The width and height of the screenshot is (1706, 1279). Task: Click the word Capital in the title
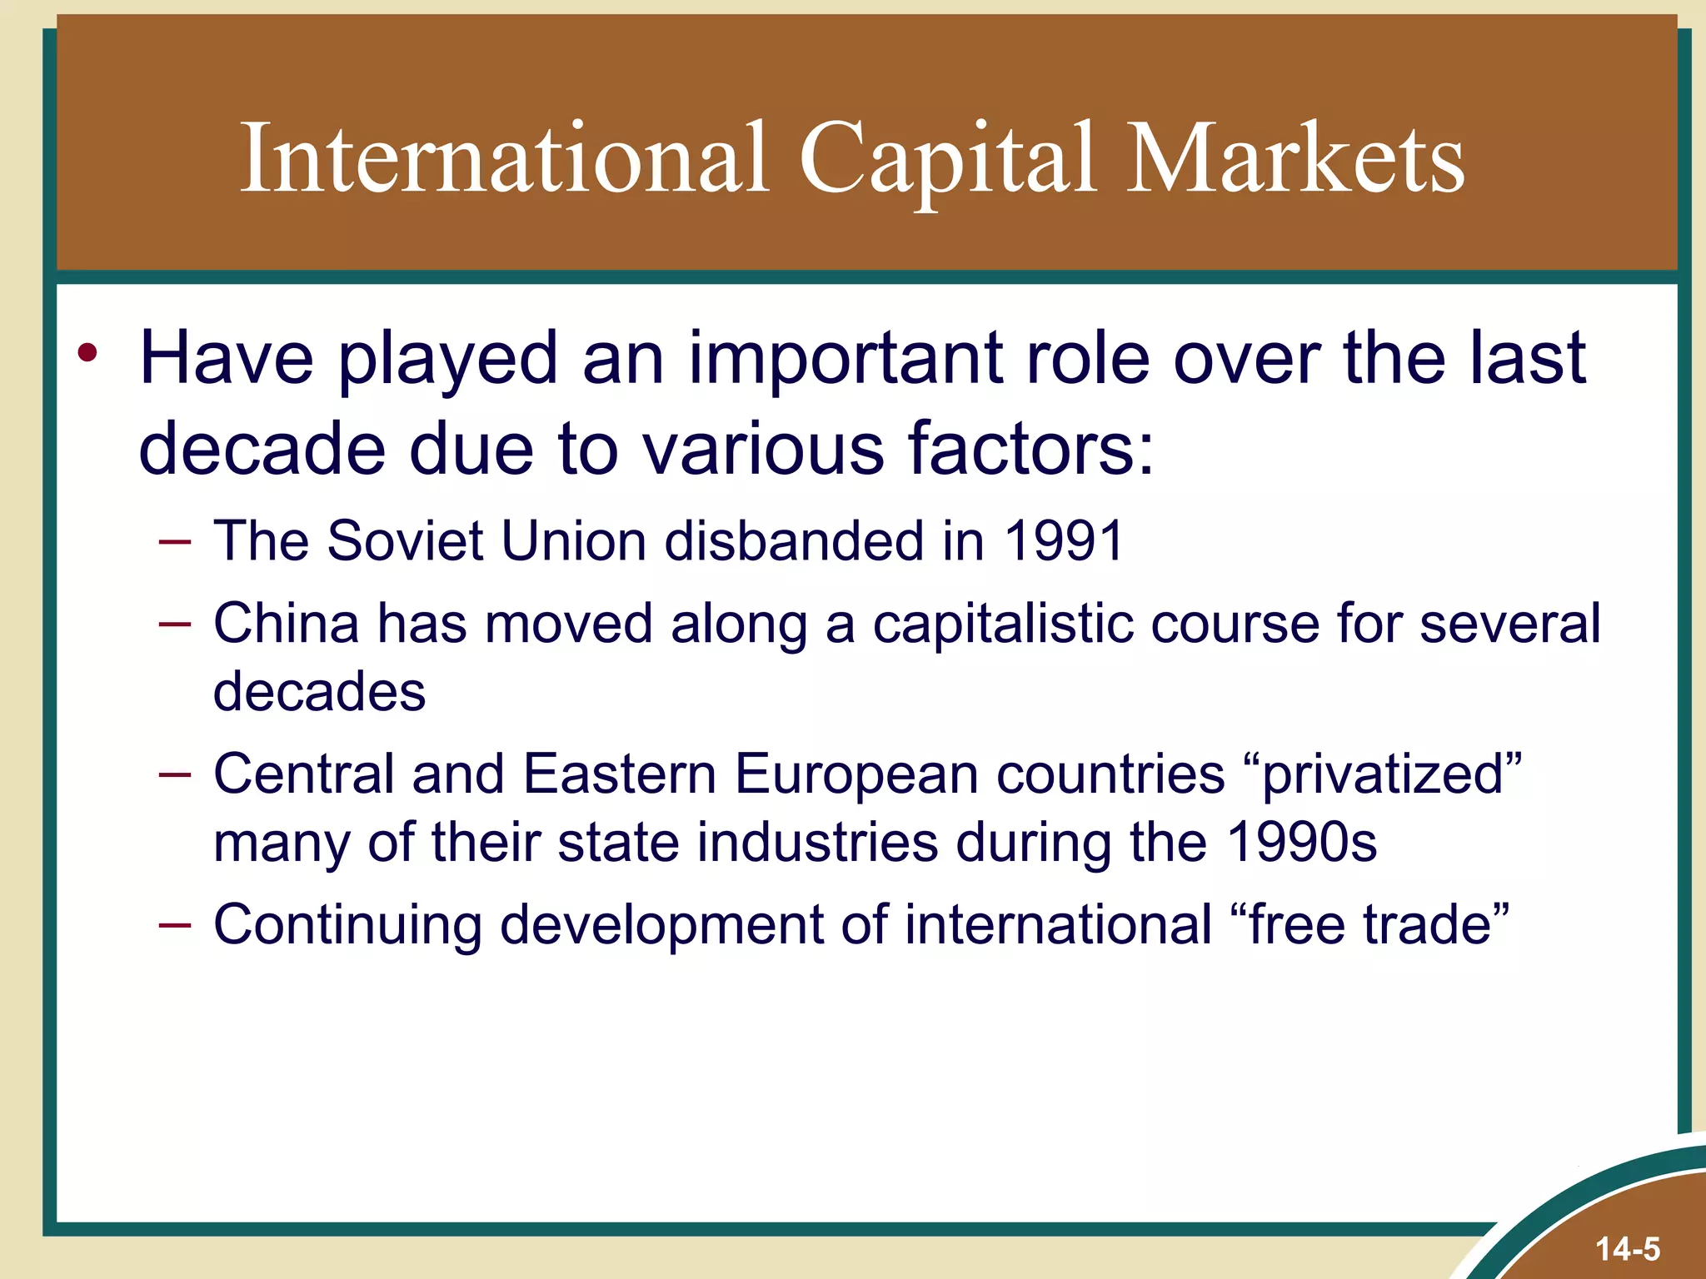(946, 160)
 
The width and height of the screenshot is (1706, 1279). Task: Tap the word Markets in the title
(1294, 160)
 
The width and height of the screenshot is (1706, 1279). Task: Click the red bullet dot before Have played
(87, 353)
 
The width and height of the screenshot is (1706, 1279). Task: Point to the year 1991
(1064, 541)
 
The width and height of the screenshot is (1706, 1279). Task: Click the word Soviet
(405, 541)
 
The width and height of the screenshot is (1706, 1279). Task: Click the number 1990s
(1301, 843)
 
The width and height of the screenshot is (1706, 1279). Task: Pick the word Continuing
(347, 926)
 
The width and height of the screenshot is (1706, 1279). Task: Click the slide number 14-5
(1628, 1249)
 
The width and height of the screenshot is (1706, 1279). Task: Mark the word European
(855, 775)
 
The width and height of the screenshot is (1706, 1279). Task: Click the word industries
(817, 843)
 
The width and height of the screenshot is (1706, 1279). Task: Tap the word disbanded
(795, 541)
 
